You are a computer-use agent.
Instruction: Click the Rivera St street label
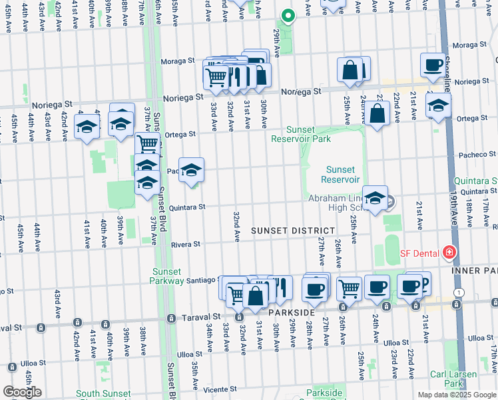[186, 245]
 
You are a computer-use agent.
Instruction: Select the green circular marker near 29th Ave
[288, 16]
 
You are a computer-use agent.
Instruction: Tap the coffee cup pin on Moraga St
[433, 65]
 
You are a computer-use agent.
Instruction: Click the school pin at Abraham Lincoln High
[375, 198]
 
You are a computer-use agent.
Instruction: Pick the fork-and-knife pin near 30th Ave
[280, 287]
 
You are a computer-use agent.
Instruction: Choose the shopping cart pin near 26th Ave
[349, 289]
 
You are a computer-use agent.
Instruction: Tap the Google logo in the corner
[22, 392]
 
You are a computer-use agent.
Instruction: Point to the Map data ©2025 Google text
[456, 395]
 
